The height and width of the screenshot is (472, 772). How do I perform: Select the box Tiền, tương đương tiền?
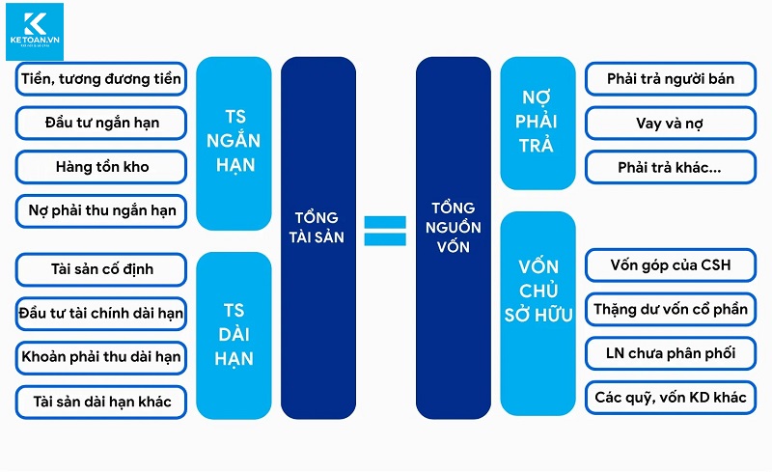pos(101,79)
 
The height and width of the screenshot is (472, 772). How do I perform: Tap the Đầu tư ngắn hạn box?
pos(101,123)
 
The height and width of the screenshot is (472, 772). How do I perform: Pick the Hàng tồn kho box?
pos(101,166)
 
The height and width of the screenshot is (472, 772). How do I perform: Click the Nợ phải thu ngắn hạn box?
pos(101,210)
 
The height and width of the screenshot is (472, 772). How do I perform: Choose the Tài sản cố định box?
pos(101,268)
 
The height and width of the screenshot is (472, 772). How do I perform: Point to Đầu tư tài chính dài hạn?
pos(101,313)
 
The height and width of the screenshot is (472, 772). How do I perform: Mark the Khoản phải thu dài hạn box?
pos(101,357)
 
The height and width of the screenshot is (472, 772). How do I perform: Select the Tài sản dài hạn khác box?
pos(101,401)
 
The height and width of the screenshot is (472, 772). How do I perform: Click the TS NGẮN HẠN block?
pos(234,143)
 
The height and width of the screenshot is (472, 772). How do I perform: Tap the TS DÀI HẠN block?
pos(234,334)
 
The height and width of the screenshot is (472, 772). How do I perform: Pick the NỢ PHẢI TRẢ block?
pos(537,123)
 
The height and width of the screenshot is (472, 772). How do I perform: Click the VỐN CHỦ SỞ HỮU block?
pos(537,290)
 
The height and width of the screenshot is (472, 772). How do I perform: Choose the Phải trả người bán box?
pos(671,79)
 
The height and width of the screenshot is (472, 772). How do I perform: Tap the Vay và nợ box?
pos(671,123)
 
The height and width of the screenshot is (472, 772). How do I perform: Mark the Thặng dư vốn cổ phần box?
pos(671,310)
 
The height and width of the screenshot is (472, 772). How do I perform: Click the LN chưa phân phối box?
pos(671,353)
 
